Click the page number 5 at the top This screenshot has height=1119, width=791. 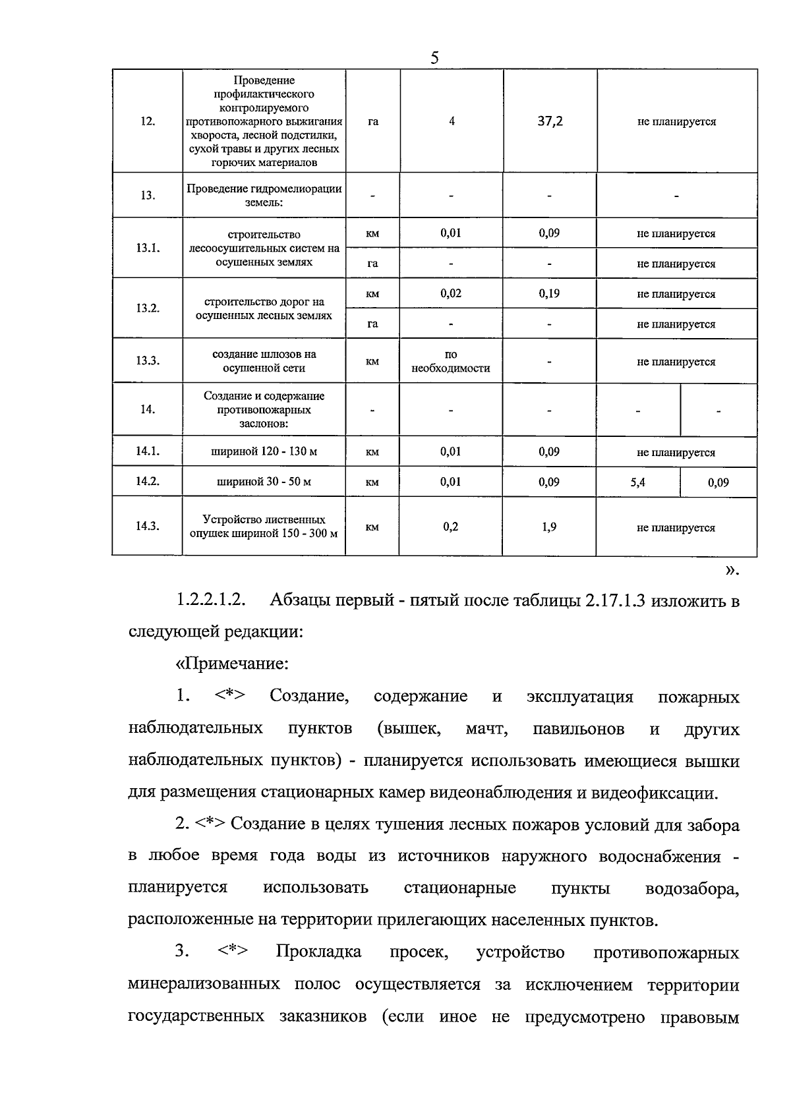click(x=434, y=58)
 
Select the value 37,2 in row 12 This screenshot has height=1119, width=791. click(x=549, y=122)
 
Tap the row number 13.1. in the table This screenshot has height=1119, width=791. click(x=148, y=248)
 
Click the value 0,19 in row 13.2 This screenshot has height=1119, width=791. click(x=549, y=293)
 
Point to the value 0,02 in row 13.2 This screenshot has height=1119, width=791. click(x=451, y=293)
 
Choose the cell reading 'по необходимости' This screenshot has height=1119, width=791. click(x=451, y=362)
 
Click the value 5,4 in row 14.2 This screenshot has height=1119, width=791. click(x=637, y=482)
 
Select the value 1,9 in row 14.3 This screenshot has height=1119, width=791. click(x=549, y=527)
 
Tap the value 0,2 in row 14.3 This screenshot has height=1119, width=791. click(x=451, y=527)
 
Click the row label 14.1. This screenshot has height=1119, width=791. click(x=148, y=451)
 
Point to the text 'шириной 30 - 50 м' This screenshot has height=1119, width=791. click(x=264, y=482)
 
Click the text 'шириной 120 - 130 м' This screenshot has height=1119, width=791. click(x=264, y=452)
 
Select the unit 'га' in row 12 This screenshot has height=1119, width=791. click(x=372, y=122)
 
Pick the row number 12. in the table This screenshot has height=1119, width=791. click(x=148, y=122)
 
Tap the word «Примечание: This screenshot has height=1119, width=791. click(x=232, y=664)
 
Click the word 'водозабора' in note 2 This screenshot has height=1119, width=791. click(x=692, y=888)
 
